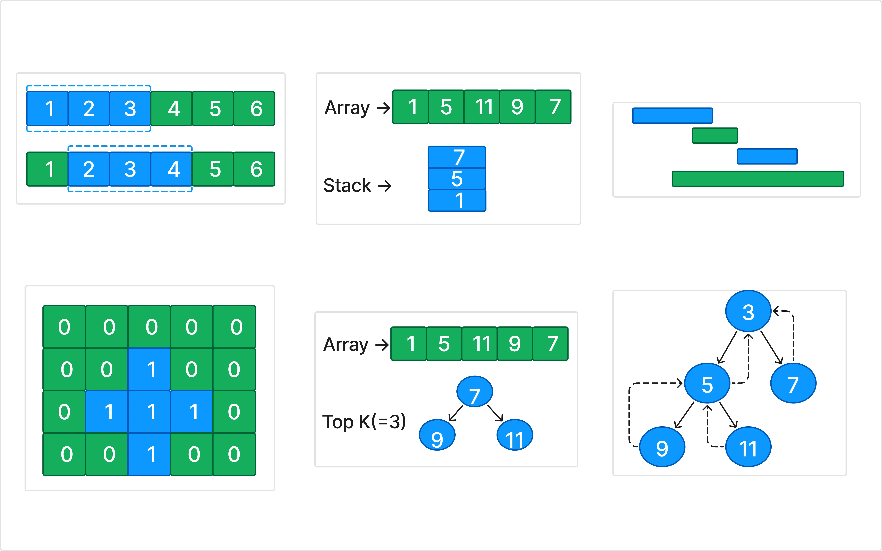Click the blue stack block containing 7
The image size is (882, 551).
(457, 157)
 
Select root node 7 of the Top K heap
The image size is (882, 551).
(474, 392)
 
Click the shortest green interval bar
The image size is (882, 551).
(715, 136)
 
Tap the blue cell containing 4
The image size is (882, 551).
(171, 169)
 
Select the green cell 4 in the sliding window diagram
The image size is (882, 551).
(171, 109)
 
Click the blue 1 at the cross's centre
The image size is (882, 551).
(149, 412)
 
